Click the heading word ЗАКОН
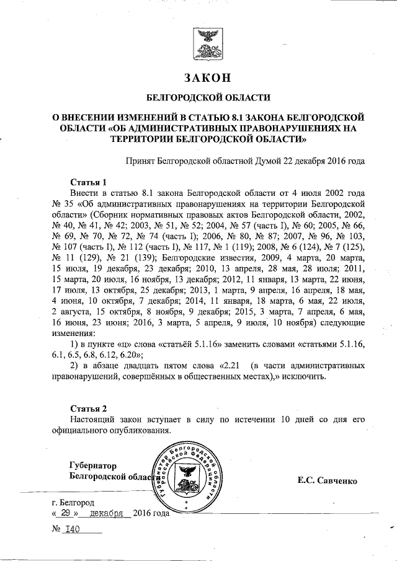[x=207, y=79]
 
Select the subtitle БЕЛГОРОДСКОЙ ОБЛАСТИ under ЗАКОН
[x=207, y=98]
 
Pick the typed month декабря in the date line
[x=109, y=513]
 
